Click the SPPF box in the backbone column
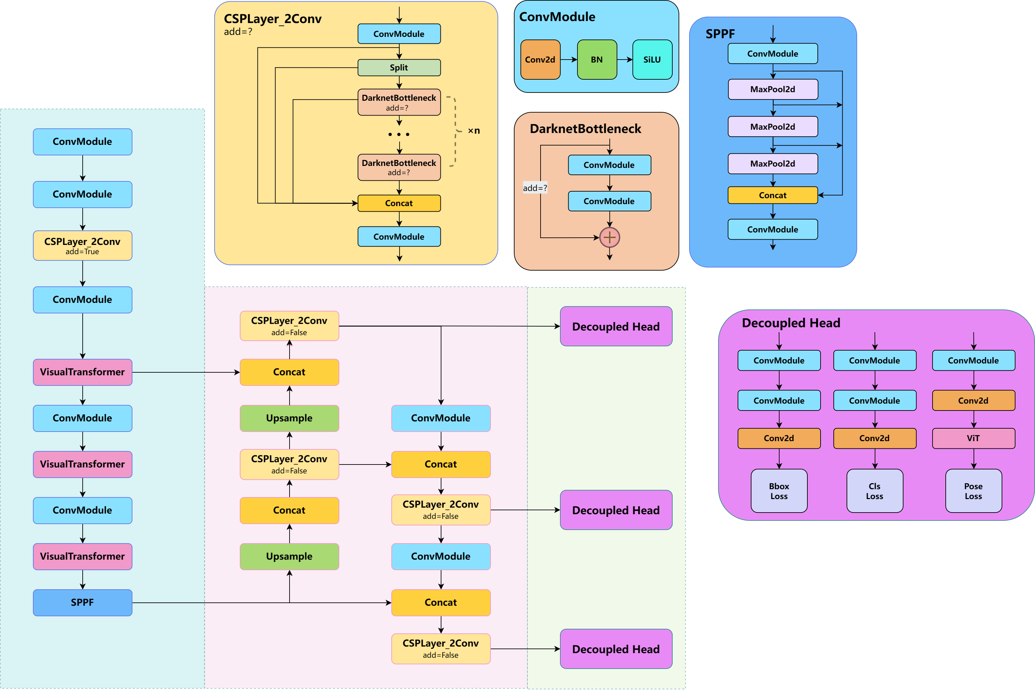click(x=82, y=602)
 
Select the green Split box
click(x=399, y=68)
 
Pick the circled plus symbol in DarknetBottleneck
click(x=609, y=238)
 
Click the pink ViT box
click(x=973, y=438)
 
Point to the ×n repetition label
click(x=474, y=131)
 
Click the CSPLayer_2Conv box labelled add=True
click(x=82, y=246)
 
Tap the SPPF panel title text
click(x=720, y=34)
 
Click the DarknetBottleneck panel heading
click(x=585, y=128)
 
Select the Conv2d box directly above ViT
click(x=973, y=400)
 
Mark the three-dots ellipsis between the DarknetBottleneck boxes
click(x=399, y=134)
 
